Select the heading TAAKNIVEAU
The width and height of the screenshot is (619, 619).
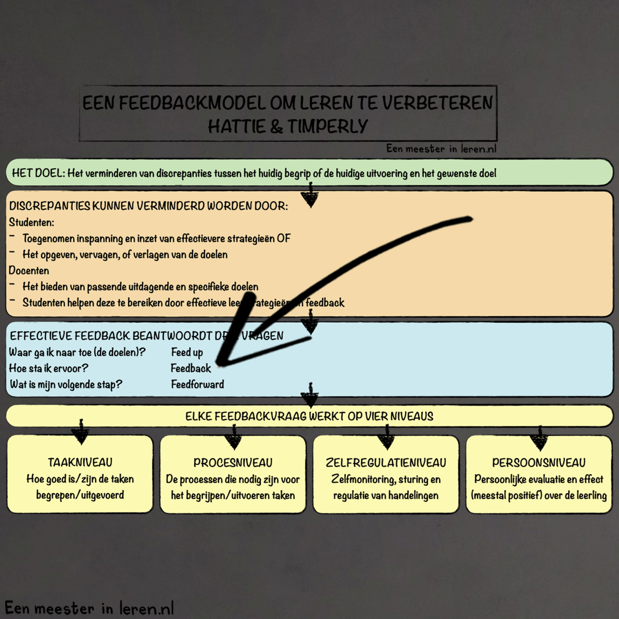80,462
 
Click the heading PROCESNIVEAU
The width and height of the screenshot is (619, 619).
233,463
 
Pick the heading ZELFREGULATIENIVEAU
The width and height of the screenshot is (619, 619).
386,463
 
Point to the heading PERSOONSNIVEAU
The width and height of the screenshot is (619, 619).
539,463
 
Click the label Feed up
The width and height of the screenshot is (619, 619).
187,352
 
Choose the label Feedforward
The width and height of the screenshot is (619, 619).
197,384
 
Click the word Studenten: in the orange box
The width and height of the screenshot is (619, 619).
31,222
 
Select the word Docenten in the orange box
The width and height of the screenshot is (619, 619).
29,271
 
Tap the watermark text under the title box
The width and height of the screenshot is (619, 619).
441,149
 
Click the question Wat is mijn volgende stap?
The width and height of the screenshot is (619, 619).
66,384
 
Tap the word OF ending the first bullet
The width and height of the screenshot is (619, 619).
284,238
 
